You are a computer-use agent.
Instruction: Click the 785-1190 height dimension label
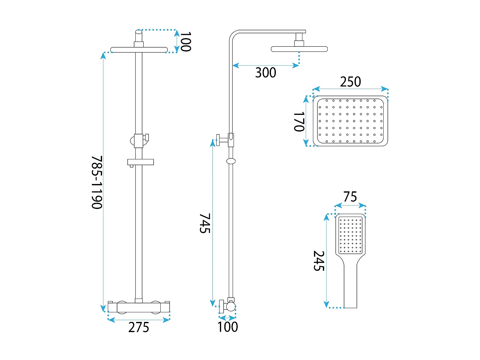pos(97,182)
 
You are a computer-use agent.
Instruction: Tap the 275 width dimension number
pos(139,327)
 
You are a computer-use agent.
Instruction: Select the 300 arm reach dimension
pos(266,73)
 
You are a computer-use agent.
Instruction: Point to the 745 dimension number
pos(205,223)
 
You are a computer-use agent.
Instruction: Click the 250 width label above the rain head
pos(350,82)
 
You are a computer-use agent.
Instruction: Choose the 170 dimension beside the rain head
pos(299,122)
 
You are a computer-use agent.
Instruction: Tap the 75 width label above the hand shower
pos(350,197)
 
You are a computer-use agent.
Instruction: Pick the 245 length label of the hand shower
pos(319,261)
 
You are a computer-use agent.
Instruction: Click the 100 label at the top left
pos(185,42)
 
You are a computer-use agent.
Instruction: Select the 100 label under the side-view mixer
pos(228,327)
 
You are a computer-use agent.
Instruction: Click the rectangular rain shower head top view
pos(350,121)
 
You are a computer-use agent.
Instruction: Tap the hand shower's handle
pos(350,285)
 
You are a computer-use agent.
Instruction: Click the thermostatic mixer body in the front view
pos(139,307)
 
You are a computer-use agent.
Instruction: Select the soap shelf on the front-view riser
pos(140,162)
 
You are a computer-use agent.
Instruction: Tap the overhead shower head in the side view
pos(299,49)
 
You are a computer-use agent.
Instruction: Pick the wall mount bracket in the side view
pos(223,140)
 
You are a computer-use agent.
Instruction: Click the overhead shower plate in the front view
pos(139,50)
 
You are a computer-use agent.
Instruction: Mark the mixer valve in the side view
pos(228,306)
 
